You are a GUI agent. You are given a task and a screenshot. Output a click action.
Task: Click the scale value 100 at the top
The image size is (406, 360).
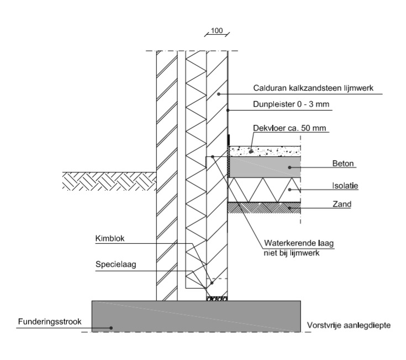pos(216,31)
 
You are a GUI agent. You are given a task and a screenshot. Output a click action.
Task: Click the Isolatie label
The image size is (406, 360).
pos(346,186)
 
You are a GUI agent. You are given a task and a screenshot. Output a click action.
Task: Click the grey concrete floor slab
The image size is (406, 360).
pos(265,166)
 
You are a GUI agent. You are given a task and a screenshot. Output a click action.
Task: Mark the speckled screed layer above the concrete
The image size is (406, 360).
pos(276,150)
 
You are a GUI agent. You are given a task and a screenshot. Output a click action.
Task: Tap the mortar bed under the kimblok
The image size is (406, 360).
pos(217,299)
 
